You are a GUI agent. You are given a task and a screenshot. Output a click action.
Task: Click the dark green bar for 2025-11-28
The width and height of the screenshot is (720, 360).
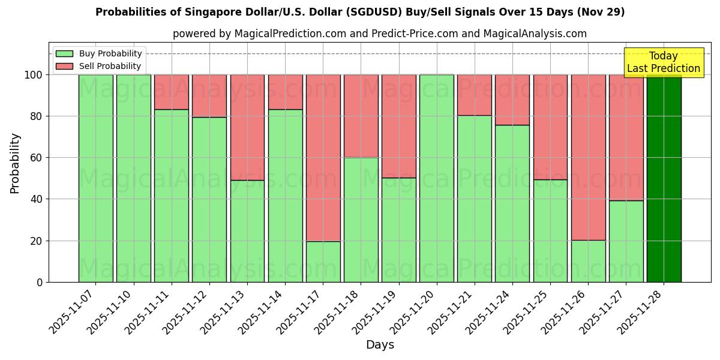(664, 178)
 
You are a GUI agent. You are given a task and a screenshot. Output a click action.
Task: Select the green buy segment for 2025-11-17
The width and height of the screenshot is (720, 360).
(323, 262)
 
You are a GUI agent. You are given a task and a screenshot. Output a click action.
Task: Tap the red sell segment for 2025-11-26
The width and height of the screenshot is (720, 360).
(588, 157)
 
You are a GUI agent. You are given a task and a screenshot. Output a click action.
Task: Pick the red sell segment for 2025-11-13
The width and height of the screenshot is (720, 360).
(247, 127)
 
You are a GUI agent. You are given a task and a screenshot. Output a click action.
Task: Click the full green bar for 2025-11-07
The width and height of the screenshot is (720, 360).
(95, 178)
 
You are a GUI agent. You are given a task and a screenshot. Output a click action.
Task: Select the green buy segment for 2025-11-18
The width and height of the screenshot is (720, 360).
(361, 220)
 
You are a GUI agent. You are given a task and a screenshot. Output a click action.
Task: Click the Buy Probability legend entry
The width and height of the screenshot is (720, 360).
(98, 53)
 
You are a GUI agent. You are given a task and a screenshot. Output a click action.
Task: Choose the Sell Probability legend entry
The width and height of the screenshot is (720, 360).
(98, 66)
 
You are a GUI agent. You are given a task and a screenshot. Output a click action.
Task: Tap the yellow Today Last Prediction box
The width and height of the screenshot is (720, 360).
(663, 62)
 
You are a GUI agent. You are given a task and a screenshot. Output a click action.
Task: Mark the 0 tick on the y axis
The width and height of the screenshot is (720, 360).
(39, 282)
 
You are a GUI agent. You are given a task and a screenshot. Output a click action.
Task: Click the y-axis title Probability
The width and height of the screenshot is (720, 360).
(15, 163)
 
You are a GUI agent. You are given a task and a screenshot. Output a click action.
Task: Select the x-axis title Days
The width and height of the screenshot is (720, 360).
(380, 345)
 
